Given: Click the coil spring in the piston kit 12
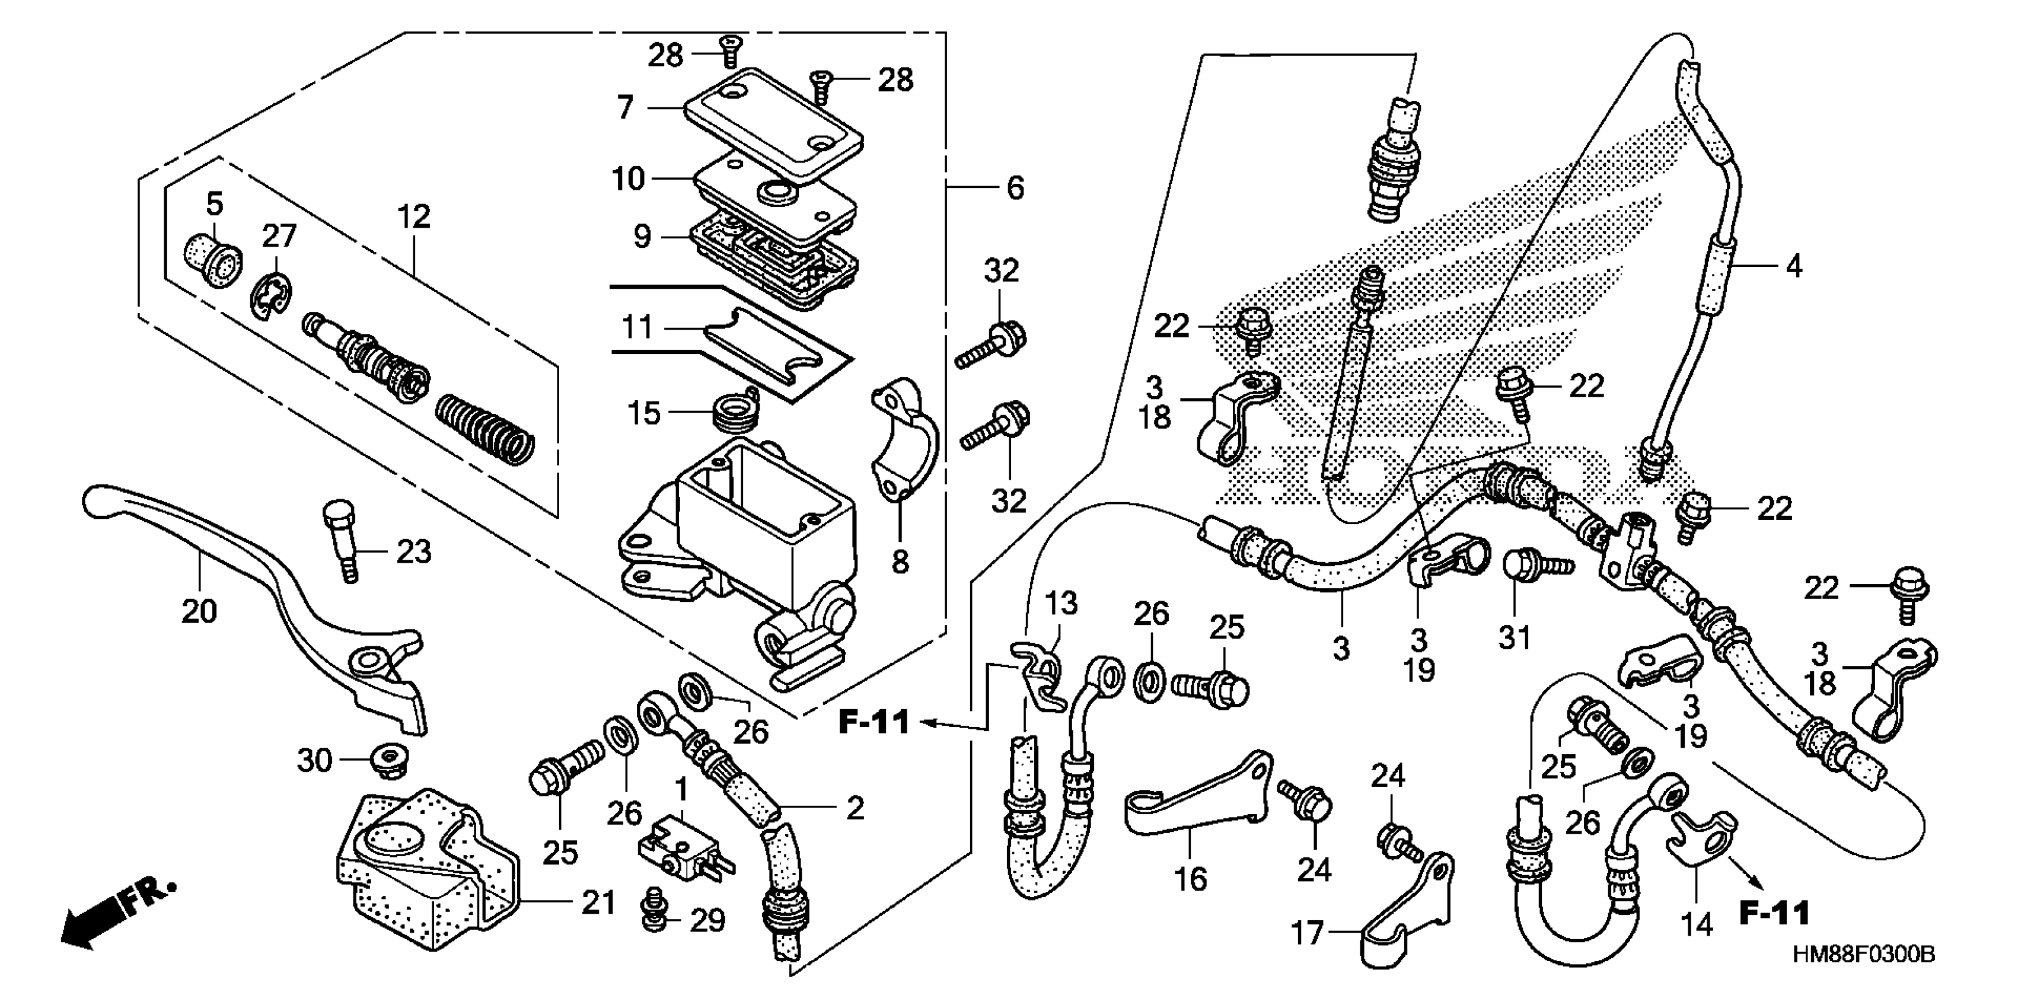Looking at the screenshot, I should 486,426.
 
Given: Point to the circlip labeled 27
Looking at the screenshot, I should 271,298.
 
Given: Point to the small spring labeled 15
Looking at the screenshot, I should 735,412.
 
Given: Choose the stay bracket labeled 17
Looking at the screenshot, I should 1410,913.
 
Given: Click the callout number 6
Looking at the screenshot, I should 1015,188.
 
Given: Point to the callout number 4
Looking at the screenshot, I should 1793,266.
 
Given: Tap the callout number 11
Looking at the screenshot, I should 637,327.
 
